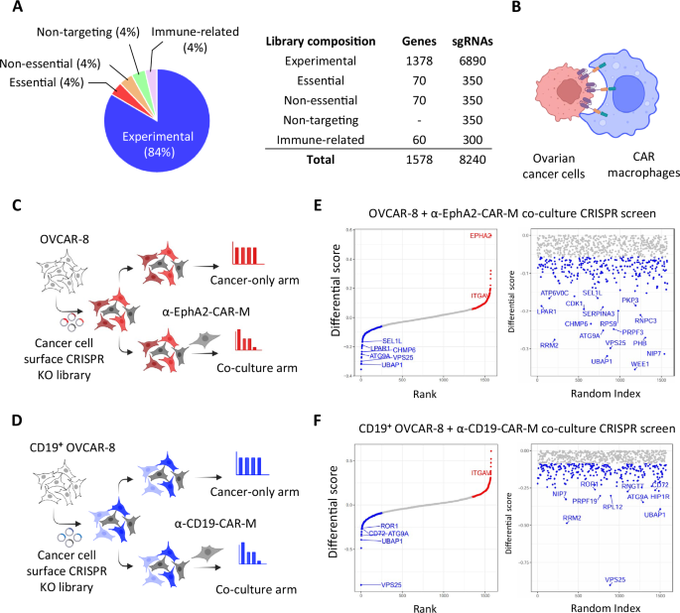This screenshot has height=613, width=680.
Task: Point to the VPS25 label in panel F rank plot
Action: [x=376, y=584]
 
